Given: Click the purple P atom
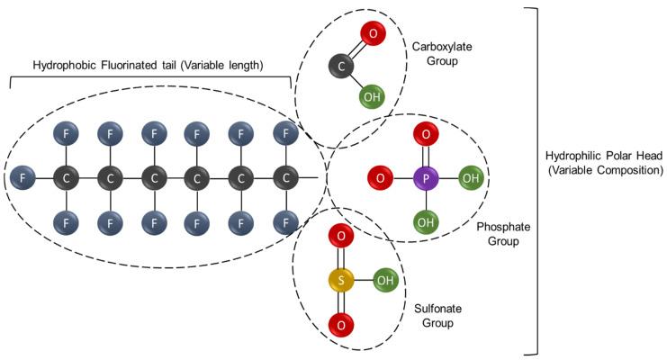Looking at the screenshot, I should click(x=424, y=178).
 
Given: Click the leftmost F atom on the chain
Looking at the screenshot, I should click(x=24, y=178).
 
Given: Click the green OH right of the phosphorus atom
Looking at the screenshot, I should click(x=470, y=178).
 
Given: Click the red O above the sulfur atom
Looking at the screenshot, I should click(x=339, y=238).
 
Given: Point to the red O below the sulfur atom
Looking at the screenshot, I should click(x=339, y=321).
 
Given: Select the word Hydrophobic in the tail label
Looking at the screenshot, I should click(x=64, y=66).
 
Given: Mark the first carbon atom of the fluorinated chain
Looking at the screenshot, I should click(x=67, y=178).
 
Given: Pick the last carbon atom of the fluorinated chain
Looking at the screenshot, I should click(x=285, y=178).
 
